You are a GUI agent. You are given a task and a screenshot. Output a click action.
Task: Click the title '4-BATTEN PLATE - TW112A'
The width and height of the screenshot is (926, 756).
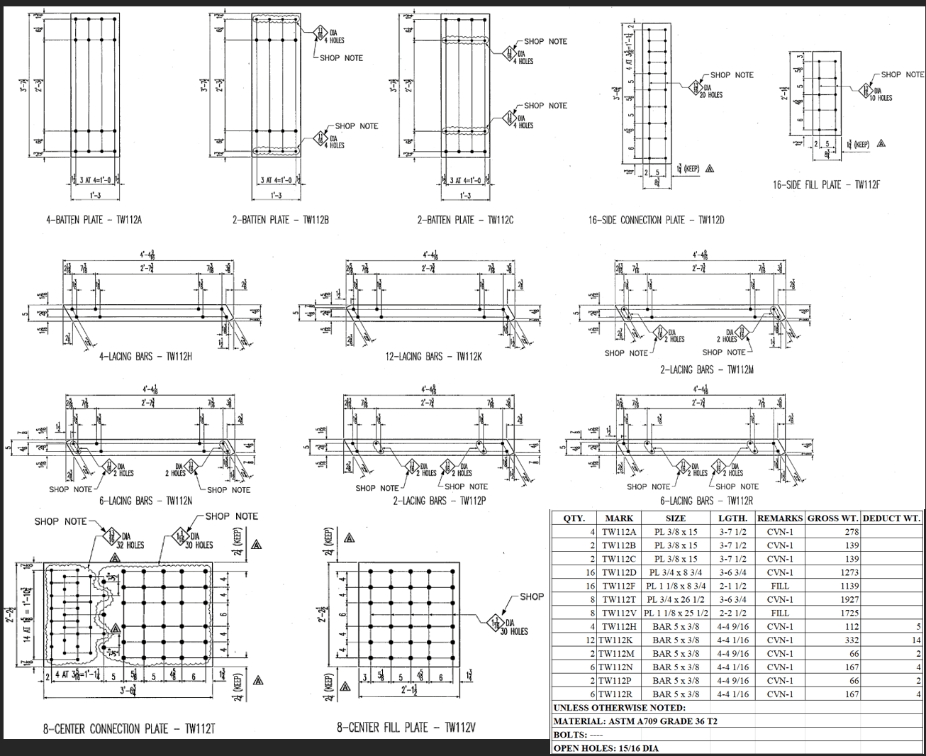94,220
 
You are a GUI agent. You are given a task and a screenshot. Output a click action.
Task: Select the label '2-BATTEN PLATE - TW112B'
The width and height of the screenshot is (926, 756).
280,220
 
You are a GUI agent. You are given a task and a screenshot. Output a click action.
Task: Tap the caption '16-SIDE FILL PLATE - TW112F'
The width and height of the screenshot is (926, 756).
827,185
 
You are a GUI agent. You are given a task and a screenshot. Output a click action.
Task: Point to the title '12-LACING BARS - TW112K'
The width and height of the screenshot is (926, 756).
433,357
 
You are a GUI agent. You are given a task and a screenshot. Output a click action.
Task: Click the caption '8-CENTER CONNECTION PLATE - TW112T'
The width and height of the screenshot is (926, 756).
128,728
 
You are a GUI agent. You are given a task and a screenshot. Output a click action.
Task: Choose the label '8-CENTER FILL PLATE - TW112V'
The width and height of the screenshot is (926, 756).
406,727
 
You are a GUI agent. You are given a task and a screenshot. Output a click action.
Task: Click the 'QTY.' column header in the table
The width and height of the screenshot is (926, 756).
574,518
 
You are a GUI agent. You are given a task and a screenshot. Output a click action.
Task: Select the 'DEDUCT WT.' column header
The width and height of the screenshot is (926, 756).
891,518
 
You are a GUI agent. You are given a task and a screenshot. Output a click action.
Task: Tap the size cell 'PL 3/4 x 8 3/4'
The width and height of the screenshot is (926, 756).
675,572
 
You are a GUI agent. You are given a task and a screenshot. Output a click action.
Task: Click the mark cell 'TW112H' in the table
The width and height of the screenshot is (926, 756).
619,626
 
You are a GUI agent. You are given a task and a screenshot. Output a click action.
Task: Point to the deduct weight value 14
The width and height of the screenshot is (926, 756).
916,640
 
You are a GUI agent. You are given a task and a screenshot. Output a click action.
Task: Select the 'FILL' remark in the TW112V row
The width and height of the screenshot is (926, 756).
779,613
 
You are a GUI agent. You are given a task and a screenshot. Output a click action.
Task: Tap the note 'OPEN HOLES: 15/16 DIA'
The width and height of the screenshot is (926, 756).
606,748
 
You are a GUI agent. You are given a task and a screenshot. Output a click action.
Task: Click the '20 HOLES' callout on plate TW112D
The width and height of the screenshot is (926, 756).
711,95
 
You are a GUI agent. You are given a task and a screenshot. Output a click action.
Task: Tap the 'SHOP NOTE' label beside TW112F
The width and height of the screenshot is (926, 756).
902,74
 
